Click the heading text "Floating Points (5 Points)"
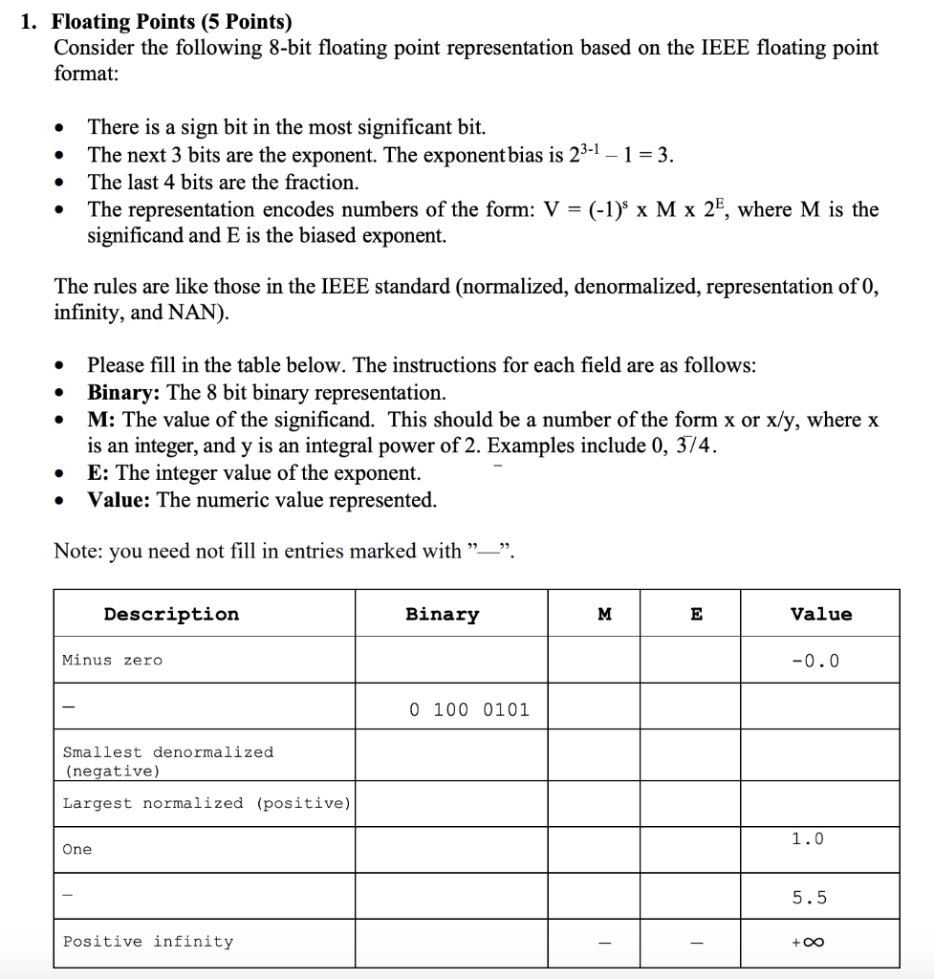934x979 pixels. (x=171, y=22)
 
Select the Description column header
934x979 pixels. (x=171, y=614)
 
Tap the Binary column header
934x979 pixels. (x=442, y=614)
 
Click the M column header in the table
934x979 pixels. (x=604, y=615)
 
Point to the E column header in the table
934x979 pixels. (x=696, y=615)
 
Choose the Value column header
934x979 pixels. (x=820, y=614)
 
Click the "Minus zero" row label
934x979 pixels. (x=112, y=660)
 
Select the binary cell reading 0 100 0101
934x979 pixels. (x=468, y=709)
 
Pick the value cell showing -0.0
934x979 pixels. (x=820, y=661)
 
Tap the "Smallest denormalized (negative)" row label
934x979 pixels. (x=167, y=761)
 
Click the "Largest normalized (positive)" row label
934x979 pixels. (x=206, y=803)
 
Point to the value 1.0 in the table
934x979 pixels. (x=807, y=838)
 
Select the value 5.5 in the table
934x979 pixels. (x=810, y=898)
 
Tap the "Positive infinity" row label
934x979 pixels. (x=147, y=942)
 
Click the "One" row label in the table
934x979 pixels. (x=77, y=849)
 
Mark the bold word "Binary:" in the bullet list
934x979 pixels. (x=124, y=393)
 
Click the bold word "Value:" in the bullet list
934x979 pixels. (x=119, y=500)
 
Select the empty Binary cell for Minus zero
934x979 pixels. (x=451, y=660)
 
